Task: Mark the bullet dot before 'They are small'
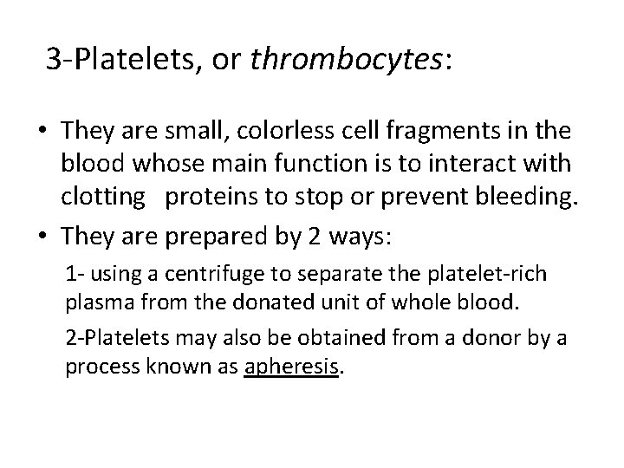tap(42, 132)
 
